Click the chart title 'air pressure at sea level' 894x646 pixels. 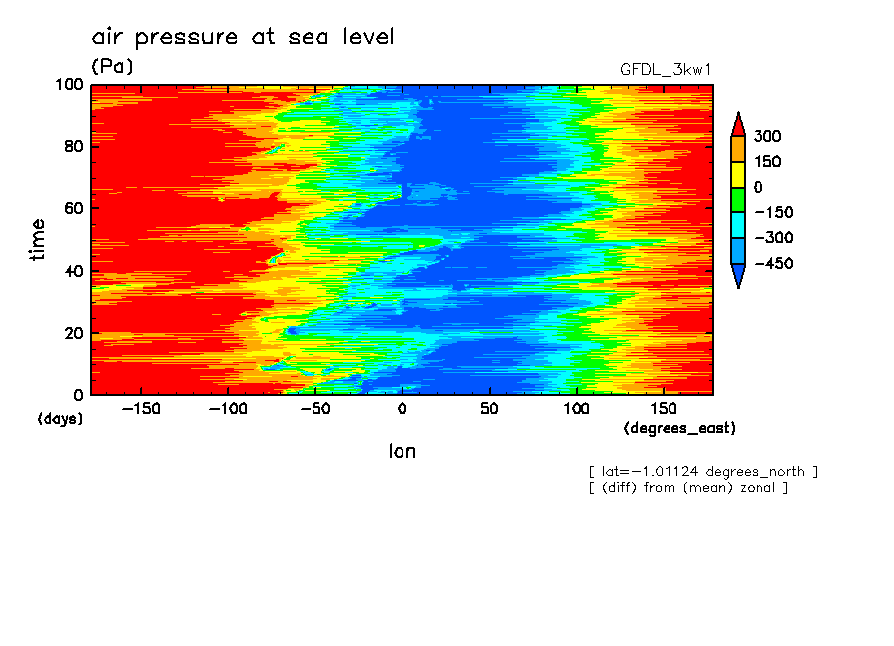pyautogui.click(x=242, y=38)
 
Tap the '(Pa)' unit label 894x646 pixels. pyautogui.click(x=111, y=67)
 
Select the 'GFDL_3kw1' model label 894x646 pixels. pyautogui.click(x=666, y=70)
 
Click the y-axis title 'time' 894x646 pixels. pyautogui.click(x=38, y=240)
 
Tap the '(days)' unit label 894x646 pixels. pyautogui.click(x=59, y=419)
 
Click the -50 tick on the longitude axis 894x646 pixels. pyautogui.click(x=314, y=409)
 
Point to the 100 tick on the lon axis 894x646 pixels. pyautogui.click(x=576, y=409)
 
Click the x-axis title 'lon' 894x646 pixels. pyautogui.click(x=402, y=451)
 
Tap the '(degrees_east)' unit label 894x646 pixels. pyautogui.click(x=679, y=428)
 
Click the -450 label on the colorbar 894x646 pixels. pyautogui.click(x=771, y=264)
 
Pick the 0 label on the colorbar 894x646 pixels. pyautogui.click(x=758, y=188)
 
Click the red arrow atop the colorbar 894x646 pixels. pyautogui.click(x=737, y=123)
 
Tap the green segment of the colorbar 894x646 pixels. pyautogui.click(x=737, y=200)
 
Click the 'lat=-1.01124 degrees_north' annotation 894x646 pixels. pyautogui.click(x=703, y=471)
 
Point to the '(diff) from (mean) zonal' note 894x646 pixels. pyautogui.click(x=688, y=487)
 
